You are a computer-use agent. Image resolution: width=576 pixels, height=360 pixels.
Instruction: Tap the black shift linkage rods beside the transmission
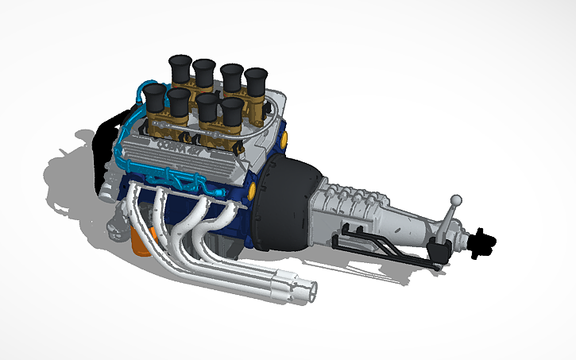pyautogui.click(x=373, y=242)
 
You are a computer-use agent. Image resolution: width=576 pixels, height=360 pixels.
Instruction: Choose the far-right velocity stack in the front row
pyautogui.click(x=232, y=110)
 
